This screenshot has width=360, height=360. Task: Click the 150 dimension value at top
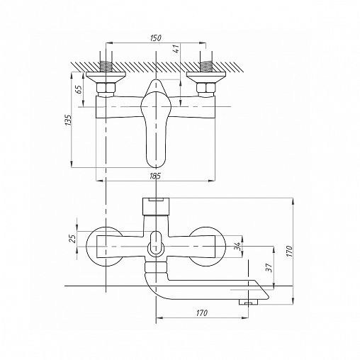tap(156, 38)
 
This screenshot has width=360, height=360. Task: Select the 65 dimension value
tap(79, 89)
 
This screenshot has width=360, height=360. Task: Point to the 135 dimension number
tap(68, 120)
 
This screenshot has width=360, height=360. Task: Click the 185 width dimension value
tap(155, 176)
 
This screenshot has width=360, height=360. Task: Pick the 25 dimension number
tap(73, 239)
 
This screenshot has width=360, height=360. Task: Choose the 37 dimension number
tap(269, 267)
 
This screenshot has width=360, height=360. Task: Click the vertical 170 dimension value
tap(289, 252)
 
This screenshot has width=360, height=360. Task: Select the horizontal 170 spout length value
tap(202, 313)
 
